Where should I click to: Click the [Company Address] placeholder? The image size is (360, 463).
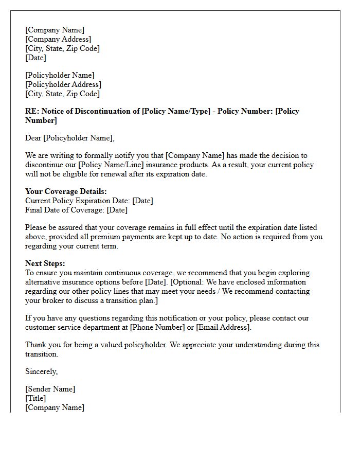point(58,39)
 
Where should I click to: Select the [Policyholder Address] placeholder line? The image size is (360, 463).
point(63,84)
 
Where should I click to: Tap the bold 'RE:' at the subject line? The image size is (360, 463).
point(32,111)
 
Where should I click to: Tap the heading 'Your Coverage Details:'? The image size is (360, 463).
point(66,191)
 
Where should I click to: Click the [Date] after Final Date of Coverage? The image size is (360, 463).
point(117,210)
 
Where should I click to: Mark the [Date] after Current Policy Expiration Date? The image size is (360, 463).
point(142,201)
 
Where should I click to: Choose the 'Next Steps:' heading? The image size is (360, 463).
point(45,263)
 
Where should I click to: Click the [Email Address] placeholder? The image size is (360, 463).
point(223,327)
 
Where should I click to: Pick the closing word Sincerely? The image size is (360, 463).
point(41,371)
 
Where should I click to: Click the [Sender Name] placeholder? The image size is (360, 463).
point(50,389)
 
